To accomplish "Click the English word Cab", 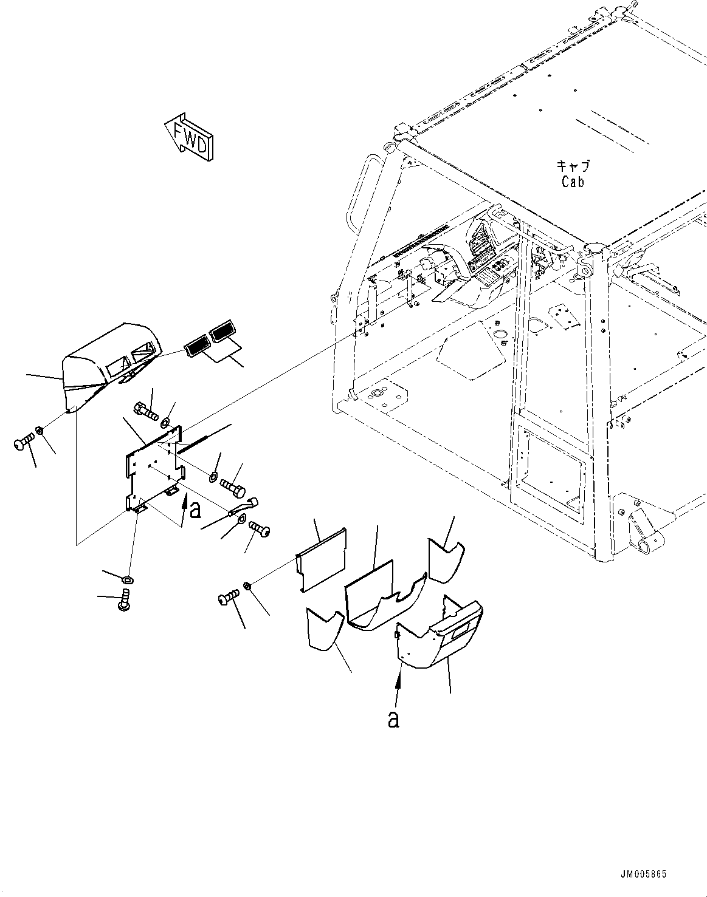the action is (x=573, y=182).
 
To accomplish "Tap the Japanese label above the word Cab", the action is (x=573, y=167).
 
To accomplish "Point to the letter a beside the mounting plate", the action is (x=195, y=510).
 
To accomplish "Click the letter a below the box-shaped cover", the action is (x=393, y=719).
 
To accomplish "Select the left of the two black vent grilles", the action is (x=196, y=346).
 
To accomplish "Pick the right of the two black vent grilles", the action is (x=222, y=332).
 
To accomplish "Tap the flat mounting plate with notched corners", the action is (x=154, y=468).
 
